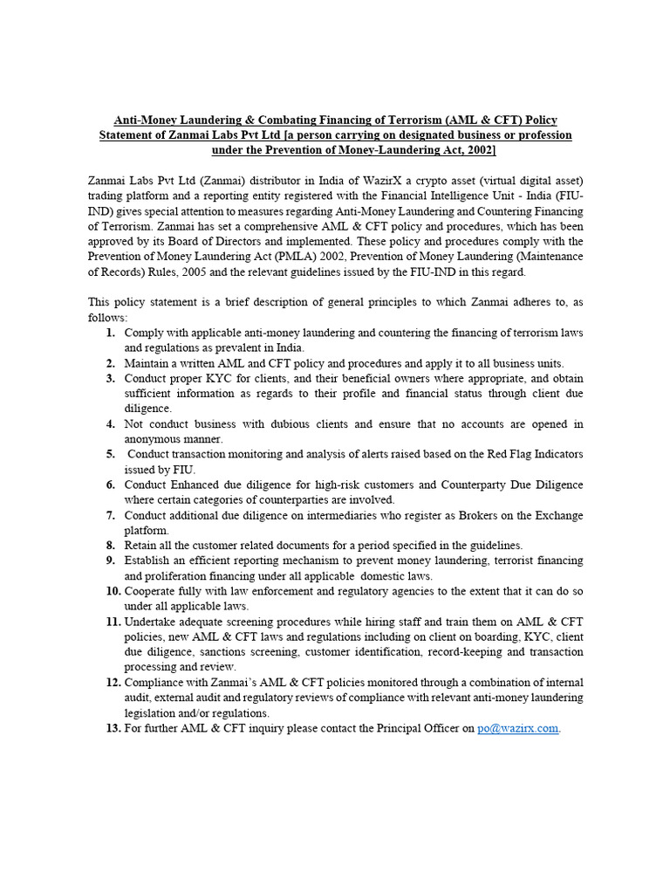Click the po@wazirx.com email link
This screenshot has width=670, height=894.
pos(517,728)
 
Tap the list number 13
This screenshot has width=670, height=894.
pos(113,728)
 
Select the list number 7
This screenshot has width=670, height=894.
pos(111,515)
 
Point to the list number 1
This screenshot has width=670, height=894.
pos(111,334)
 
